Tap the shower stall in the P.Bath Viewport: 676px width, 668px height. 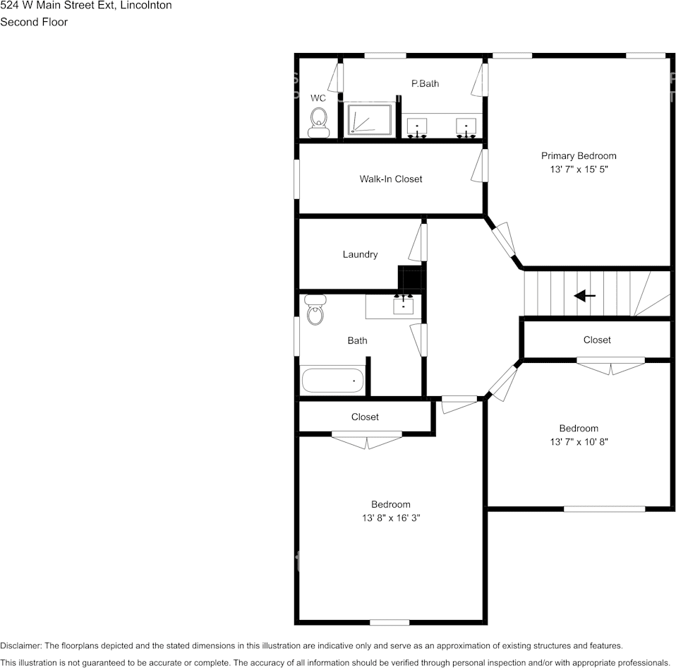pyautogui.click(x=368, y=120)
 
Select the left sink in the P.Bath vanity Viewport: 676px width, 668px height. pyautogui.click(x=418, y=127)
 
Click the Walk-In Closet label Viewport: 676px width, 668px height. pyautogui.click(x=390, y=179)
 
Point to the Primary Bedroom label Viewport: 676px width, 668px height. pyautogui.click(x=578, y=156)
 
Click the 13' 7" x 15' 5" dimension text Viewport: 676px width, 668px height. pyautogui.click(x=578, y=170)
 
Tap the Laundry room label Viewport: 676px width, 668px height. pyautogui.click(x=360, y=255)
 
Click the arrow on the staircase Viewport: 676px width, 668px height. pyautogui.click(x=584, y=295)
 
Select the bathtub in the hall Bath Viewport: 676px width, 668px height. pyautogui.click(x=332, y=381)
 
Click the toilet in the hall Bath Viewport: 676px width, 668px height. pyautogui.click(x=315, y=310)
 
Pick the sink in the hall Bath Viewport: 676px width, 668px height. pyautogui.click(x=403, y=304)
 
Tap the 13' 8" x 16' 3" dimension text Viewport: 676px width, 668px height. pyautogui.click(x=391, y=518)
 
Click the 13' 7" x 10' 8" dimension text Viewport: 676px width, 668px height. pyautogui.click(x=579, y=442)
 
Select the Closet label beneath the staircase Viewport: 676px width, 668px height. pyautogui.click(x=597, y=340)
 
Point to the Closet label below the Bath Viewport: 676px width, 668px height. pyautogui.click(x=365, y=417)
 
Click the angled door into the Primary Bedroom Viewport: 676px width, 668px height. pyautogui.click(x=503, y=240)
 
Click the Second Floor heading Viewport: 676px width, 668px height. pyautogui.click(x=34, y=22)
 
